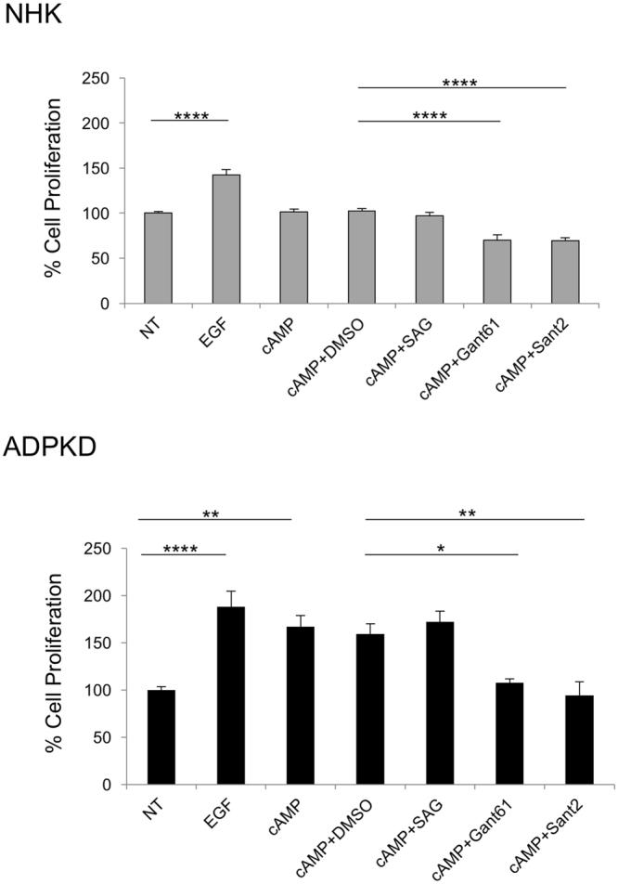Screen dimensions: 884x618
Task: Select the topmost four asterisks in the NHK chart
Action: pos(459,84)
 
